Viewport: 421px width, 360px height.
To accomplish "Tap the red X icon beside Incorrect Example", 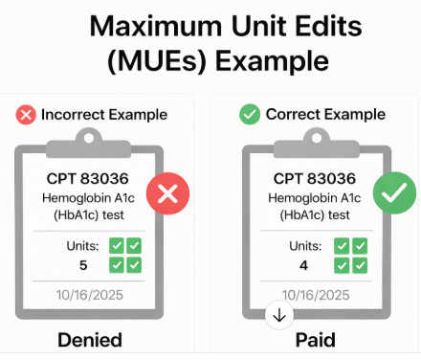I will tap(26, 115).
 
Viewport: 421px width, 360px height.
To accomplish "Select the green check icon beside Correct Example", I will tap(249, 115).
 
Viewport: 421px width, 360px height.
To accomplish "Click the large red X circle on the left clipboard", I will tap(167, 194).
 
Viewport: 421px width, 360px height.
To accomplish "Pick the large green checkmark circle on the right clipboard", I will tap(392, 194).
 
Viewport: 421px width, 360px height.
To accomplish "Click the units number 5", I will tap(83, 264).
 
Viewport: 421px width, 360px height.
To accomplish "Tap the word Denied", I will tap(90, 339).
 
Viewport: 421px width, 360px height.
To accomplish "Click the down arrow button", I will tap(279, 315).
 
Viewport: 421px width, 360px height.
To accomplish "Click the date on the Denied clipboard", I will tap(90, 295).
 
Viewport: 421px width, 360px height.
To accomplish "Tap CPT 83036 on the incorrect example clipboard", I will tap(89, 178).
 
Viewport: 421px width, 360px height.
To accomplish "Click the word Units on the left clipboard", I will tap(82, 245).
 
